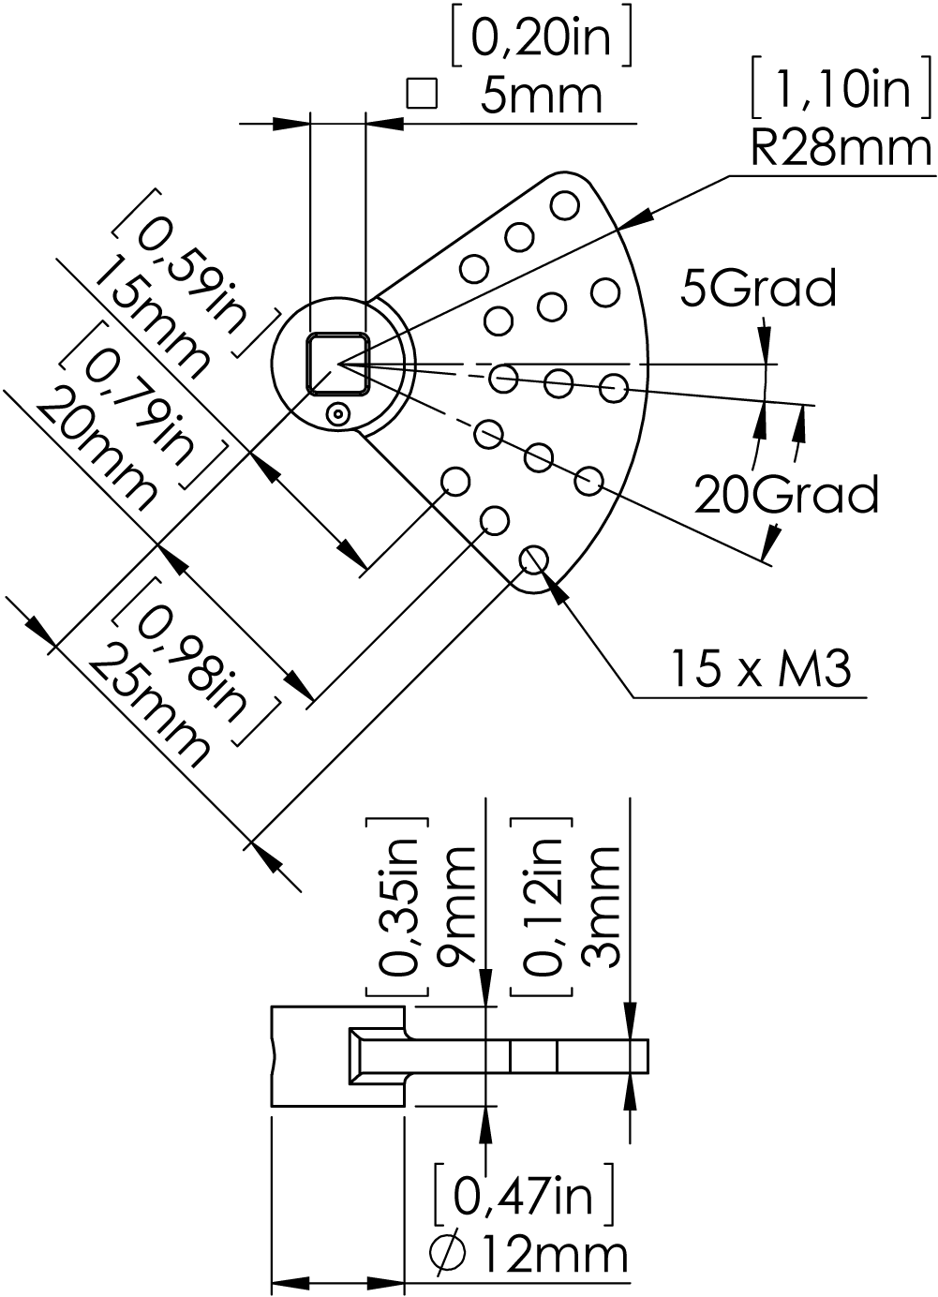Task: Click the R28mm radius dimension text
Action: [x=841, y=149]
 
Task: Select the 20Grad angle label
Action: [x=786, y=494]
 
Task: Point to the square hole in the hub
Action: [x=338, y=365]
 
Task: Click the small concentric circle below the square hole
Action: [x=337, y=414]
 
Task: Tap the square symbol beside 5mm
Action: [x=421, y=93]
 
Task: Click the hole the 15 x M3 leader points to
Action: [x=533, y=559]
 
